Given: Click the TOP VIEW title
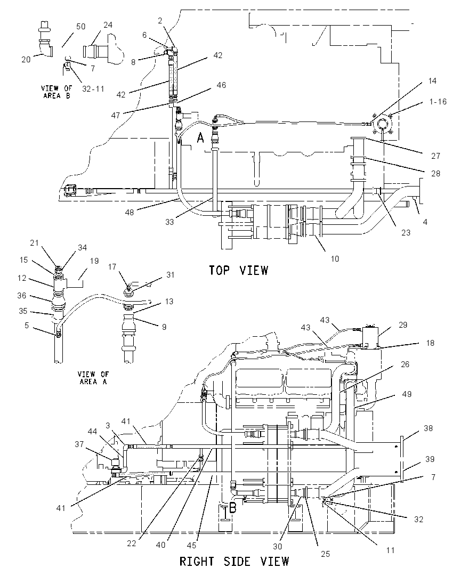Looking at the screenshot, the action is click(238, 270).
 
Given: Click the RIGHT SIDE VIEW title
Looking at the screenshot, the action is click(234, 561).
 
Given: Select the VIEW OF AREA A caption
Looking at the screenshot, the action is click(93, 378).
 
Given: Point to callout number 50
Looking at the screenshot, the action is click(80, 27).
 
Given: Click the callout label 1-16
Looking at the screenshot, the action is click(438, 102).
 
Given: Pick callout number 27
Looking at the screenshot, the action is click(435, 156).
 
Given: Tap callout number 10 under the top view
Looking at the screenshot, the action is click(335, 258).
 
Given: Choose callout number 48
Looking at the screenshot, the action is click(130, 212).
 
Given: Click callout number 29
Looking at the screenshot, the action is click(403, 325).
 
